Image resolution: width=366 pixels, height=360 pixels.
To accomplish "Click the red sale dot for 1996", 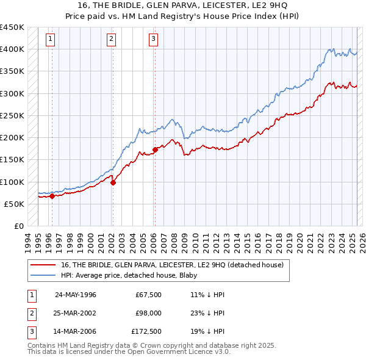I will click(52, 196).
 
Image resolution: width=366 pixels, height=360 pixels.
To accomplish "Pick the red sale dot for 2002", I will click(113, 182).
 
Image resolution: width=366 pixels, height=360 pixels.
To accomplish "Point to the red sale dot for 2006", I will click(155, 149).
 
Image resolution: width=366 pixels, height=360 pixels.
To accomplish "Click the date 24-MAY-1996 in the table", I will click(76, 295).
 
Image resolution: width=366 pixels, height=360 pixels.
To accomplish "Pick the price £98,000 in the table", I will click(148, 314).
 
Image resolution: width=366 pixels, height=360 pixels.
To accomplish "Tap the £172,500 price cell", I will click(146, 333).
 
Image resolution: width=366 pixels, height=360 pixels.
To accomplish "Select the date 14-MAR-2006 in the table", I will click(76, 333).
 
